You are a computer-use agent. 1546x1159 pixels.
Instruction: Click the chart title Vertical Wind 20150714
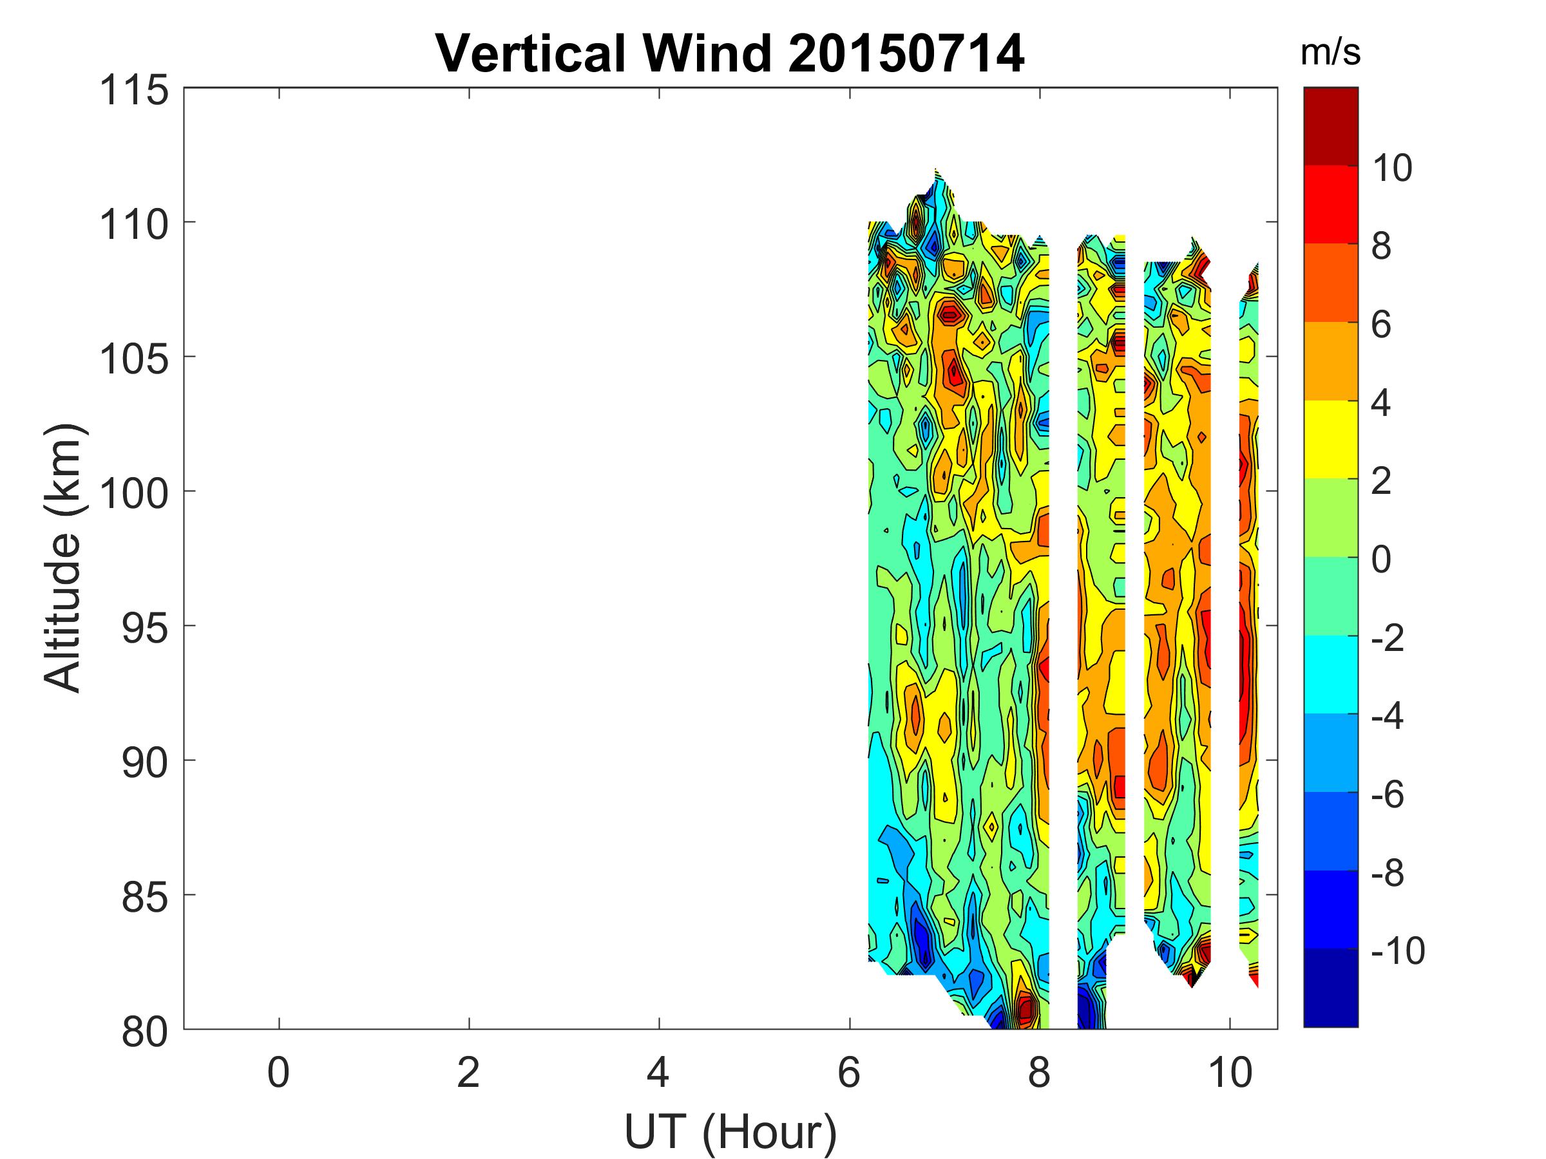click(x=730, y=54)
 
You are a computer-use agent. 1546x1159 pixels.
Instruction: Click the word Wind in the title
click(x=707, y=54)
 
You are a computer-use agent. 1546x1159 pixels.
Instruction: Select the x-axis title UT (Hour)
click(x=730, y=1132)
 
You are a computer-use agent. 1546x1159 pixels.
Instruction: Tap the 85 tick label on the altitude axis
click(x=145, y=896)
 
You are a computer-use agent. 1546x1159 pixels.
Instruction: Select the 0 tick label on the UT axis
click(x=278, y=1072)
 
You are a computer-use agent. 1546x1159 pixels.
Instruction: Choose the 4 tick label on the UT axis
click(x=658, y=1072)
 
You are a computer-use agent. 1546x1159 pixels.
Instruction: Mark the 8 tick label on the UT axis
click(x=1039, y=1072)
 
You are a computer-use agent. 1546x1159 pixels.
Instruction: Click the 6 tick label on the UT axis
click(x=849, y=1072)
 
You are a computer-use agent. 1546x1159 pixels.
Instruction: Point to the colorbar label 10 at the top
click(x=1392, y=168)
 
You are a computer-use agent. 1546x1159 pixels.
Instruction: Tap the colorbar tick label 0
click(x=1381, y=560)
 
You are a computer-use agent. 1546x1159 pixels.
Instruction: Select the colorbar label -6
click(x=1388, y=795)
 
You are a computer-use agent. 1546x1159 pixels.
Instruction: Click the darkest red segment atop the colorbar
click(x=1330, y=126)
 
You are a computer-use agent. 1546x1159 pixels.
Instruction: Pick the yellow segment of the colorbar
click(x=1330, y=439)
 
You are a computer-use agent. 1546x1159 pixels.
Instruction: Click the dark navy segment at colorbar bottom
click(x=1330, y=987)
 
